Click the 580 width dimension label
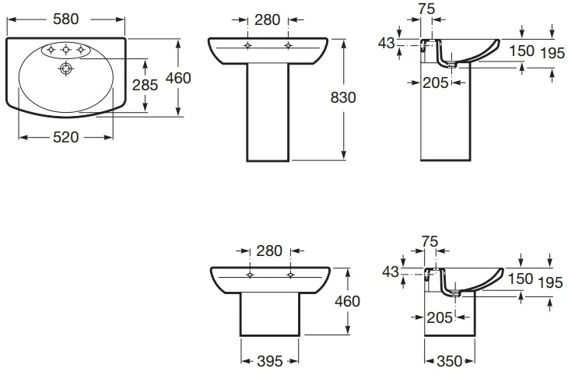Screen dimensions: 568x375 [x=65, y=19]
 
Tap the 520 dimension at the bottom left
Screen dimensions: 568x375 [x=65, y=138]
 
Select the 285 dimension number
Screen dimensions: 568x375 [x=145, y=85]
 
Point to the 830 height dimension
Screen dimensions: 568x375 [x=343, y=97]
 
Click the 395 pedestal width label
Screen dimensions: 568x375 [x=269, y=361]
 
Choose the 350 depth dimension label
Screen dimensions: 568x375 [x=450, y=361]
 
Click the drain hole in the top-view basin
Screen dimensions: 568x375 [x=65, y=68]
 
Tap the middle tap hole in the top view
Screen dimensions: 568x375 [x=65, y=49]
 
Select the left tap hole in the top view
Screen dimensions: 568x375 [x=51, y=49]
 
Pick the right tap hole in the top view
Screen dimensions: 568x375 [x=81, y=49]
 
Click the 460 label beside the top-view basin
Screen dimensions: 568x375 [x=178, y=79]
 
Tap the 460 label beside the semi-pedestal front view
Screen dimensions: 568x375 [x=347, y=301]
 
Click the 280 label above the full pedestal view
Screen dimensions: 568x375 [x=268, y=20]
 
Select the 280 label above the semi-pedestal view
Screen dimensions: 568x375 [x=269, y=251]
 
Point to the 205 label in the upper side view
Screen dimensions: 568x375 [x=436, y=83]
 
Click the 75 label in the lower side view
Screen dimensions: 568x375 [x=430, y=241]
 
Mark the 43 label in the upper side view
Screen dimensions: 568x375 [x=386, y=43]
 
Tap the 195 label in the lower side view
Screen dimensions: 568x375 [x=551, y=282]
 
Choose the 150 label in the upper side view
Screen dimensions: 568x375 [x=522, y=51]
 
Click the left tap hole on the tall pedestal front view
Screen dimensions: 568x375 [x=247, y=46]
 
